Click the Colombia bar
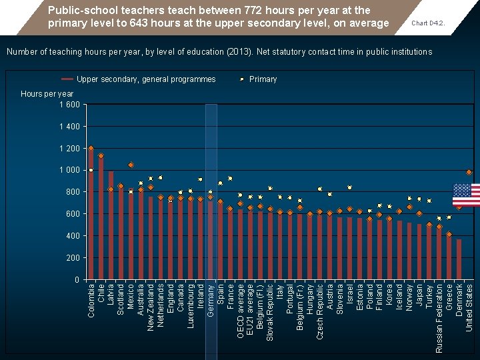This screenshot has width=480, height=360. pyautogui.click(x=91, y=213)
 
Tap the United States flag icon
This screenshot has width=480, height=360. pyautogui.click(x=466, y=195)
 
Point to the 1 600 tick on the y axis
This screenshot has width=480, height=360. pyautogui.click(x=69, y=105)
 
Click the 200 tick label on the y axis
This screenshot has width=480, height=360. pyautogui.click(x=73, y=258)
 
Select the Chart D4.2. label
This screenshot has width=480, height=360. pyautogui.click(x=428, y=23)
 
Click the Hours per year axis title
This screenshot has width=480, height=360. pyautogui.click(x=47, y=94)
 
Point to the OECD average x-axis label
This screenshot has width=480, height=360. pyautogui.click(x=241, y=311)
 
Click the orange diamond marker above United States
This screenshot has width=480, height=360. pyautogui.click(x=469, y=173)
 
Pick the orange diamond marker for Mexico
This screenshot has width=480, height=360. pyautogui.click(x=131, y=165)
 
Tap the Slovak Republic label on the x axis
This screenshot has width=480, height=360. pyautogui.click(x=270, y=313)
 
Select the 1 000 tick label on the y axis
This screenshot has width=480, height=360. pyautogui.click(x=69, y=171)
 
